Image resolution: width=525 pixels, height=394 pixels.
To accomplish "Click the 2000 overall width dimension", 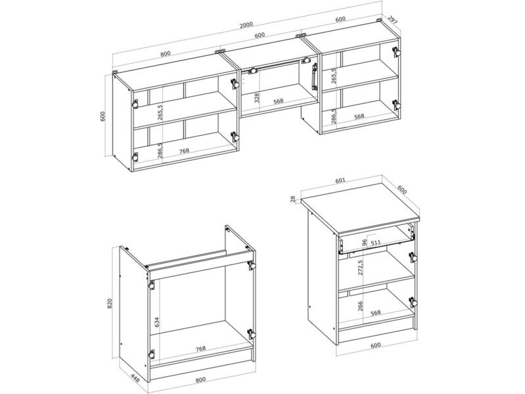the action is tap(246, 24).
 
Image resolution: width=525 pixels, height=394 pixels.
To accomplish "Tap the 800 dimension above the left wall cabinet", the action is tap(166, 53).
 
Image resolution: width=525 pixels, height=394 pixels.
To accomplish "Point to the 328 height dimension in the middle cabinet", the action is tap(257, 97).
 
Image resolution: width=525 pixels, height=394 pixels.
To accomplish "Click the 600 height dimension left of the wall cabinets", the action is tap(103, 116).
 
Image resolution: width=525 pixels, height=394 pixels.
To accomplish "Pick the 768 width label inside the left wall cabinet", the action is tap(184, 151).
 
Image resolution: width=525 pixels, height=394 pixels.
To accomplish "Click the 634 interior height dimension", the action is tap(157, 322).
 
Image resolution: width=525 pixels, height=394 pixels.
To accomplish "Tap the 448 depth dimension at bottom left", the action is tap(135, 378).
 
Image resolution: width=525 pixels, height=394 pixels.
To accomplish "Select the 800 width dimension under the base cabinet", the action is tap(200, 380).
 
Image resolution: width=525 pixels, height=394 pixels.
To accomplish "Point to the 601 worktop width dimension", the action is tap(340, 181).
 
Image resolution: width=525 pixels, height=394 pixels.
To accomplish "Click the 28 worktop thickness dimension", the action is tap(293, 199).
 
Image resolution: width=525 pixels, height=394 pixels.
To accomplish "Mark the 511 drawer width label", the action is tap(376, 242).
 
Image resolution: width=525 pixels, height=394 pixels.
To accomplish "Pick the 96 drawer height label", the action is tap(365, 242).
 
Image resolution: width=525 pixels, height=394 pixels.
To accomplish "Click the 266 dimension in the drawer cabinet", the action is tap(360, 306).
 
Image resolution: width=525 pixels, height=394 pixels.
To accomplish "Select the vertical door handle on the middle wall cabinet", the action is tap(314, 77).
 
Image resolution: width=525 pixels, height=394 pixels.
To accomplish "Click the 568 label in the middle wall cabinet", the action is tap(278, 101).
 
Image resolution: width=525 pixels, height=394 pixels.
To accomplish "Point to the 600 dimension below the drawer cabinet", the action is tap(376, 345).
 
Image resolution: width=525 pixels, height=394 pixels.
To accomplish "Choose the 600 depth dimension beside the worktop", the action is tap(402, 189).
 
